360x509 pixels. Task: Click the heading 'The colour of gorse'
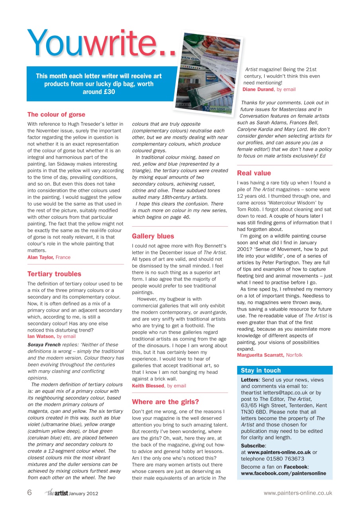click(56, 115)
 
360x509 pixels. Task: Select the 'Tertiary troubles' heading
click(54, 274)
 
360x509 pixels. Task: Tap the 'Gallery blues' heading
click(153, 236)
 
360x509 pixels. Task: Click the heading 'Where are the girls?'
click(165, 401)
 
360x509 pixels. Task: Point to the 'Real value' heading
click(254, 173)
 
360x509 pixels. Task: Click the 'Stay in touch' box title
click(261, 370)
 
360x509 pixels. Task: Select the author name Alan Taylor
click(41, 257)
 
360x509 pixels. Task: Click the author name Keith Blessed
click(148, 386)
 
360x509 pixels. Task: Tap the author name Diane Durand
click(258, 89)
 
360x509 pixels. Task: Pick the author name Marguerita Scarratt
click(261, 355)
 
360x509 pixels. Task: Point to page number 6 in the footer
click(29, 493)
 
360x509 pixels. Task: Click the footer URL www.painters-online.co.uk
click(298, 493)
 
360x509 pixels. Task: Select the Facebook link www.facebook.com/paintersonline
click(283, 473)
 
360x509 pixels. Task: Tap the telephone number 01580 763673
click(280, 458)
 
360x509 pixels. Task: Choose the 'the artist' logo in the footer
click(56, 493)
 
